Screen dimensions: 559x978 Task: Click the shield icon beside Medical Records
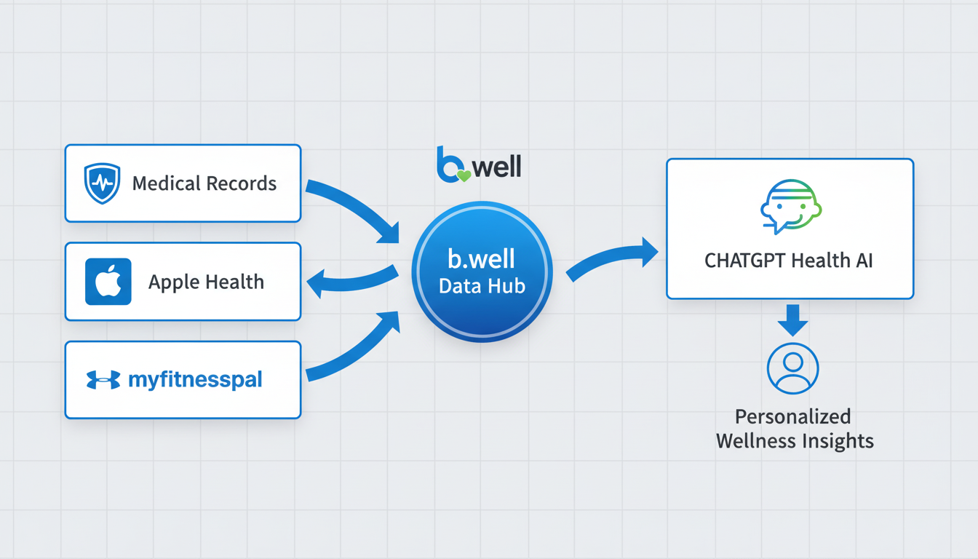click(102, 183)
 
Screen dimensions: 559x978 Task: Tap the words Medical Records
click(204, 183)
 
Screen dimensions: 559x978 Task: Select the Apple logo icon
click(108, 281)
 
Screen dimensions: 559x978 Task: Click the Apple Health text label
click(206, 282)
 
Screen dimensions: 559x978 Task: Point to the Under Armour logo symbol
click(103, 380)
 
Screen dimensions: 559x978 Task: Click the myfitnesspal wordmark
click(195, 380)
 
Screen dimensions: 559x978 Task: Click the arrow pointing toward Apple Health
click(349, 282)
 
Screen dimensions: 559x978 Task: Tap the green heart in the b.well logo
click(463, 175)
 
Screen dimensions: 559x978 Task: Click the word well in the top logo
click(497, 167)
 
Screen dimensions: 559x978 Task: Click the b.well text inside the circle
click(482, 259)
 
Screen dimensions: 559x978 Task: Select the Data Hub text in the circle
click(482, 286)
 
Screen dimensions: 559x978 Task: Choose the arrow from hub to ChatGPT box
click(611, 261)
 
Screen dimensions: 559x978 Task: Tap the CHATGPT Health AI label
click(789, 261)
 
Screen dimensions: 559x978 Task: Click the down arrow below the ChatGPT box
click(792, 320)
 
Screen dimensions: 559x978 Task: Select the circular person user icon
click(792, 368)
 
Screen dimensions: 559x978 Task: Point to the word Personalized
click(792, 417)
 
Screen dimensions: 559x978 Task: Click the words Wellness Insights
click(794, 441)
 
